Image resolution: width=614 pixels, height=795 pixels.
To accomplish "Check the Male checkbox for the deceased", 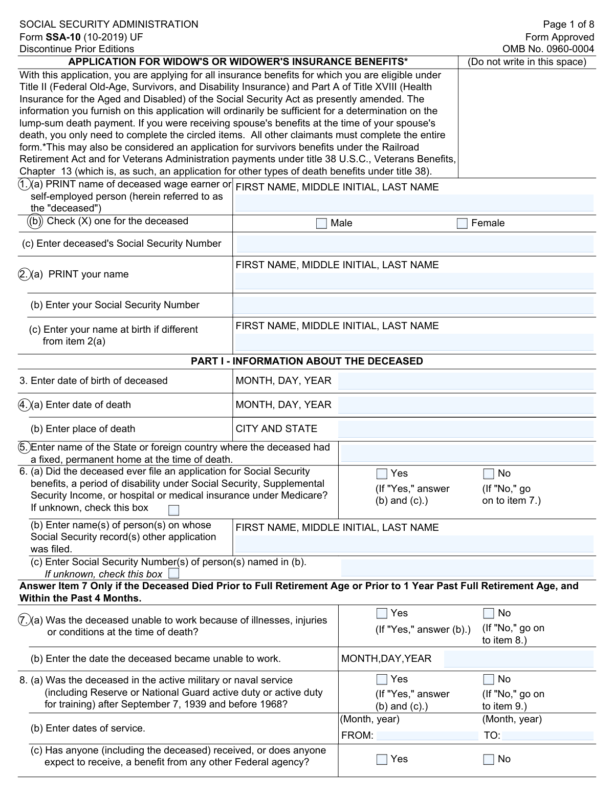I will (x=321, y=223).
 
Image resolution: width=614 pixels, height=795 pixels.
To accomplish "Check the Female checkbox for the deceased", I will (x=462, y=223).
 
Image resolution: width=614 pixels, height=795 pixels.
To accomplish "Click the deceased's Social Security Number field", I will (x=414, y=244).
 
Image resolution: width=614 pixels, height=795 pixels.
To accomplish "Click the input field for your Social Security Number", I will (x=413, y=306).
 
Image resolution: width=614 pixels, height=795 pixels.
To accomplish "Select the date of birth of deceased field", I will (x=466, y=381).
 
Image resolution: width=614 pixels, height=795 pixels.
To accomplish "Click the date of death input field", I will (x=466, y=405).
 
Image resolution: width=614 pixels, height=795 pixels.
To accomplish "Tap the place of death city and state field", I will (x=466, y=429).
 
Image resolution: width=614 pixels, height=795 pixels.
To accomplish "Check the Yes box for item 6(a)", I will (x=382, y=474).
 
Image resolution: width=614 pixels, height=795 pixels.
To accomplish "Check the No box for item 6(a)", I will (x=489, y=474).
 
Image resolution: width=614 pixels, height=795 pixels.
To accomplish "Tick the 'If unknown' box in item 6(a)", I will (x=174, y=510).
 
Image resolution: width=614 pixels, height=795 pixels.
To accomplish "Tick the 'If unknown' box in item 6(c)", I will (x=174, y=573).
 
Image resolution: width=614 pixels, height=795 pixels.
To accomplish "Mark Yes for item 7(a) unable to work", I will (x=382, y=613).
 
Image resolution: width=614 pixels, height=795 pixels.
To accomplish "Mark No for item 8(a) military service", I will (x=489, y=679).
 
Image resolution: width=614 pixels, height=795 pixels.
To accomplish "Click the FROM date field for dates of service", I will (x=427, y=736).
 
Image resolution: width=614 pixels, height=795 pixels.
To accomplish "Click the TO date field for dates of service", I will (x=547, y=736).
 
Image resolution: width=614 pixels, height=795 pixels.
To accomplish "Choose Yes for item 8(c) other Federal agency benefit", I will (x=382, y=759).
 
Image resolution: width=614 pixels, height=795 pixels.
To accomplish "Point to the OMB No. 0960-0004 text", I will (x=548, y=49).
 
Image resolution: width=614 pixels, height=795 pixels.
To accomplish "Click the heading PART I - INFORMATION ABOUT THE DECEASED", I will (x=306, y=361).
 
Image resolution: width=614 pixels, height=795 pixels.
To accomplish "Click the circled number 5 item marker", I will (x=24, y=447).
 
